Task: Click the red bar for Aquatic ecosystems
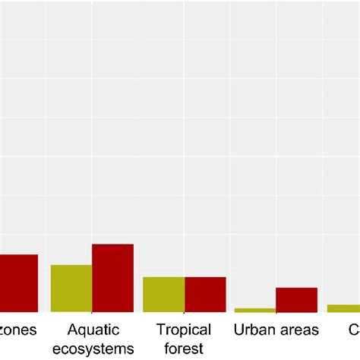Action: pyautogui.click(x=112, y=277)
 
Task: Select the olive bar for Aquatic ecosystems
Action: pyautogui.click(x=71, y=288)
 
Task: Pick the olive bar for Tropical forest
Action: pyautogui.click(x=163, y=294)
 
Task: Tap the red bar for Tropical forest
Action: pyautogui.click(x=205, y=294)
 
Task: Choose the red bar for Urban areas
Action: pyautogui.click(x=296, y=299)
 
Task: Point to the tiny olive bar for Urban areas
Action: pyautogui.click(x=255, y=310)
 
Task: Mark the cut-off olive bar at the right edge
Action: pyautogui.click(x=343, y=308)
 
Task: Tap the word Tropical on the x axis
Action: pyautogui.click(x=184, y=330)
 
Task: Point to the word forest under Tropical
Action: pyautogui.click(x=184, y=349)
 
